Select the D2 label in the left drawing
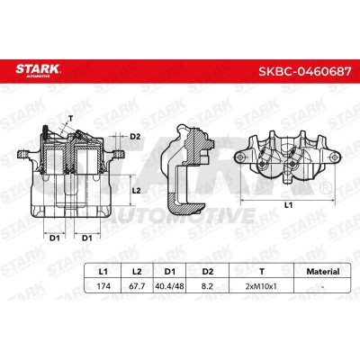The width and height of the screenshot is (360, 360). point(135,136)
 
